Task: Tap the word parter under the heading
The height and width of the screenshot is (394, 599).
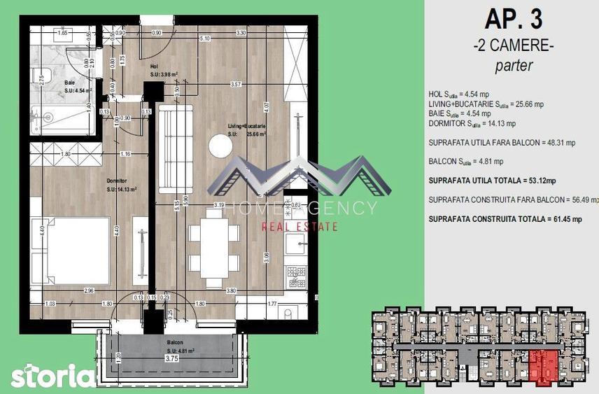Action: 514,66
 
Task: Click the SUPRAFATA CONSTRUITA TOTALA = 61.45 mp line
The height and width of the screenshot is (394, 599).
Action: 504,219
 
